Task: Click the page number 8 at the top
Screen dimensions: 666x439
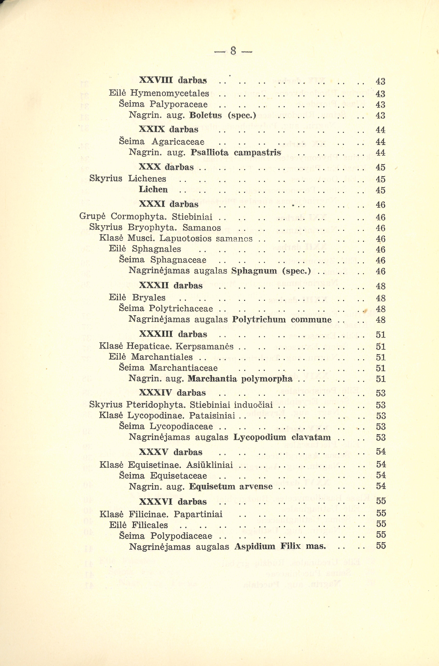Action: click(x=233, y=51)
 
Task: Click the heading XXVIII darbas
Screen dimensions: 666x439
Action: click(x=173, y=80)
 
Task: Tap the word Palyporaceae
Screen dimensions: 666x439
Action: click(x=179, y=104)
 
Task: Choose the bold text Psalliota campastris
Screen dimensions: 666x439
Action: click(x=236, y=153)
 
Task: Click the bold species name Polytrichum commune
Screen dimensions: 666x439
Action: click(x=282, y=320)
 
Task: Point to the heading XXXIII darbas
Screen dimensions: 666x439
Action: click(x=173, y=334)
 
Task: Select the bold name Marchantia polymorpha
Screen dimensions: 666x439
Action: click(x=240, y=379)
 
